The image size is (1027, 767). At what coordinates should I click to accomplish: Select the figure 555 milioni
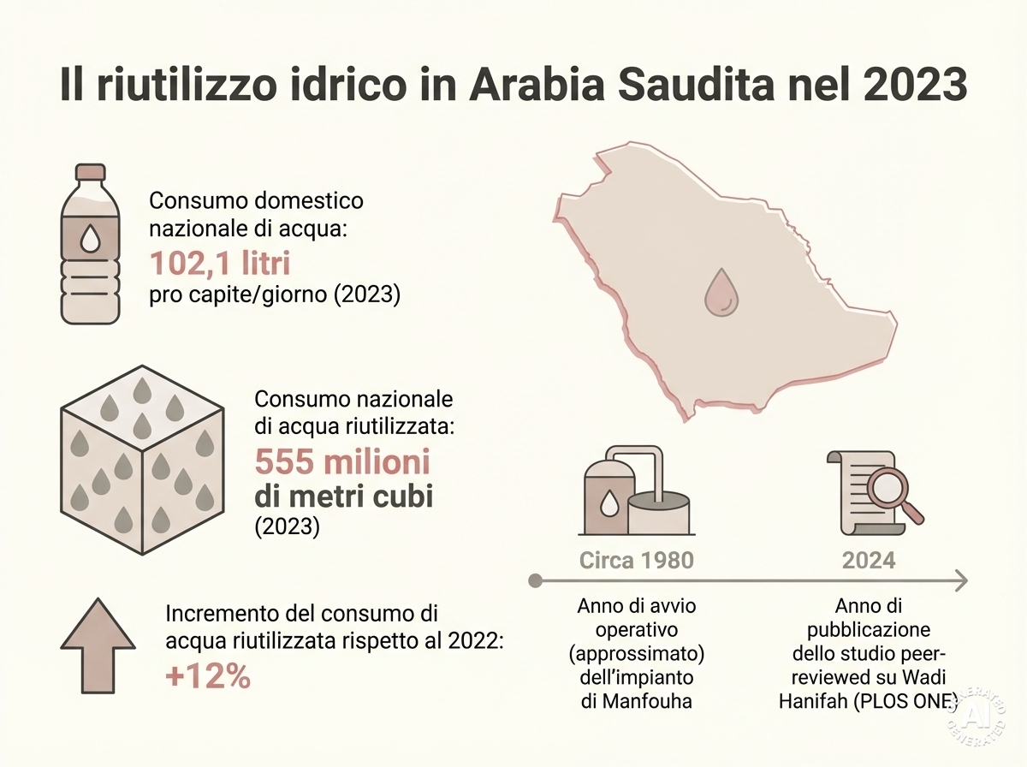(x=342, y=463)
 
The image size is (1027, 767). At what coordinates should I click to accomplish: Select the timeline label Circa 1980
(x=637, y=560)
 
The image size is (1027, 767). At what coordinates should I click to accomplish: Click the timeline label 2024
(x=869, y=560)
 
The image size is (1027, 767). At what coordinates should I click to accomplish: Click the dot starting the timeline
(x=536, y=581)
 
